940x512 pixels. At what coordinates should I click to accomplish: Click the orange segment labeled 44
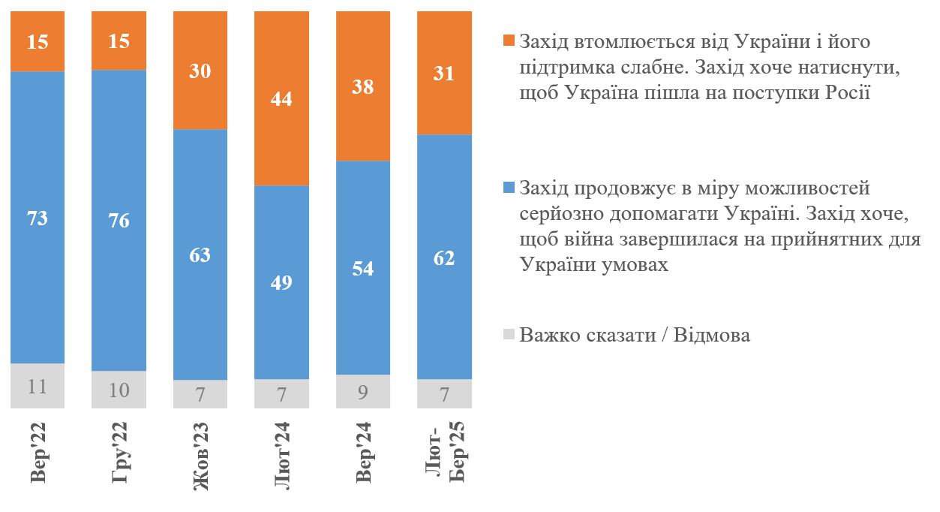(x=281, y=98)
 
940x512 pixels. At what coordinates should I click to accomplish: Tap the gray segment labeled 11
(x=38, y=386)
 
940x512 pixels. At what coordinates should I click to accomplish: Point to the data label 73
(x=38, y=219)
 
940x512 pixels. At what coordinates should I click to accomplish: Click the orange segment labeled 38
(x=363, y=86)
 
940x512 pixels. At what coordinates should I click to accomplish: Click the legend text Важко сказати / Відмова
(x=635, y=335)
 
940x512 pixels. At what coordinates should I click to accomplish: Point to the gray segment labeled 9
(x=363, y=391)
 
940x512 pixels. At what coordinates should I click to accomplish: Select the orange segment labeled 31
(x=445, y=73)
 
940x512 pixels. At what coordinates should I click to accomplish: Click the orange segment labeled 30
(x=200, y=71)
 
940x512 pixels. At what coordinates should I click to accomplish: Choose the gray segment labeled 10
(x=119, y=390)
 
